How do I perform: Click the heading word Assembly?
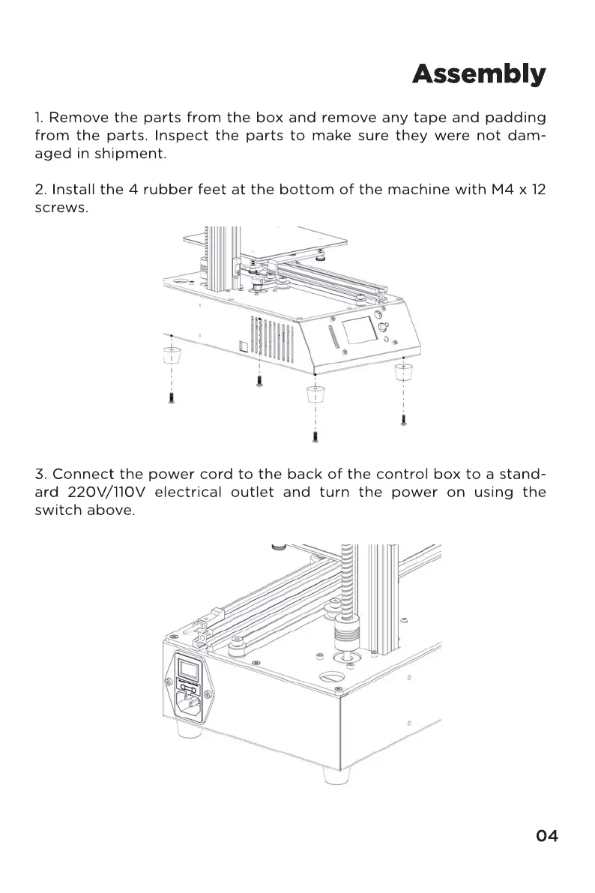[x=478, y=75]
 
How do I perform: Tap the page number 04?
[x=547, y=836]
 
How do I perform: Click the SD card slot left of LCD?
[x=335, y=337]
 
